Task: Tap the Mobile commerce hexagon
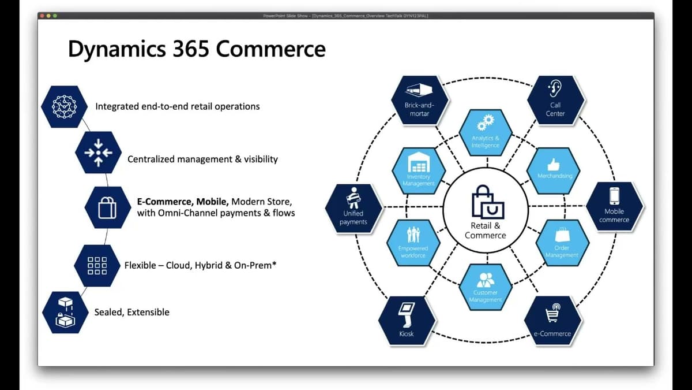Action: (x=614, y=206)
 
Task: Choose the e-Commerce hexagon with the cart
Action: (x=552, y=321)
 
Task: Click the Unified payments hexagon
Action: (x=353, y=208)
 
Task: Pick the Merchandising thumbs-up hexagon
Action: (x=554, y=170)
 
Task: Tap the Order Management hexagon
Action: (x=562, y=243)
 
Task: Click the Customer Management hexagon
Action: (x=486, y=287)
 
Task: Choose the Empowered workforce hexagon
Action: (x=413, y=243)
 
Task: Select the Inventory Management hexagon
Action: (x=419, y=171)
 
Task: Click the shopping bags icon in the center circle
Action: (x=487, y=202)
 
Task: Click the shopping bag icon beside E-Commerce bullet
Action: (x=107, y=207)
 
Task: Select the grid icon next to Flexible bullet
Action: (x=97, y=266)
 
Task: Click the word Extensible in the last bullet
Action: (x=148, y=312)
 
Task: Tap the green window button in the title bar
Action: (x=55, y=16)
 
